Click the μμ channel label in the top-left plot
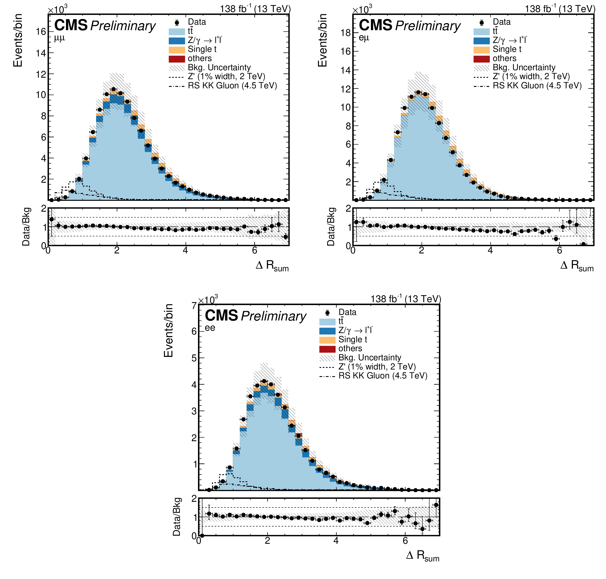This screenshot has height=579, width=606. [x=60, y=38]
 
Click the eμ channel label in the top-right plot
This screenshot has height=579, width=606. [x=364, y=38]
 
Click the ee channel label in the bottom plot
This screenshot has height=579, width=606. [x=210, y=328]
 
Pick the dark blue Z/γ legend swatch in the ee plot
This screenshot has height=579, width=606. [x=327, y=331]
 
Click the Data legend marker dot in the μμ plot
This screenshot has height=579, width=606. [x=177, y=22]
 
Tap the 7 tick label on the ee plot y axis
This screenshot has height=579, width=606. [x=194, y=306]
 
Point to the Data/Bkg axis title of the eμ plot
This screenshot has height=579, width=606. [x=331, y=227]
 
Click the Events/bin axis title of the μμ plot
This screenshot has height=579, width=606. [x=18, y=40]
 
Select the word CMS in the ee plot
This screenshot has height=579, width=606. [x=221, y=315]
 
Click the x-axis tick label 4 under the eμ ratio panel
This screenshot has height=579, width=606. [x=490, y=250]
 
